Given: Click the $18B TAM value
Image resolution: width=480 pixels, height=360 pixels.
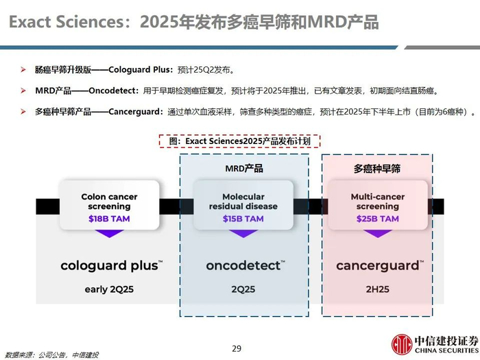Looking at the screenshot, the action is pyautogui.click(x=109, y=219).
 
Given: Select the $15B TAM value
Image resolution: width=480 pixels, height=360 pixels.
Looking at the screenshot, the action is pyautogui.click(x=243, y=219).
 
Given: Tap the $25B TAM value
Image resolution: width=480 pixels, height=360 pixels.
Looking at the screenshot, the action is pyautogui.click(x=377, y=219).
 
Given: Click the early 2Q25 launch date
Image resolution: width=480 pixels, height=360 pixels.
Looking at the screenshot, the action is pyautogui.click(x=109, y=289).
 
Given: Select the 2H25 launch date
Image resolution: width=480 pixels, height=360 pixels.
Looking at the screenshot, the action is pyautogui.click(x=377, y=289).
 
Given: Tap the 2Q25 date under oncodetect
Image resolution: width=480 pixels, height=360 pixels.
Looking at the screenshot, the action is pyautogui.click(x=243, y=289).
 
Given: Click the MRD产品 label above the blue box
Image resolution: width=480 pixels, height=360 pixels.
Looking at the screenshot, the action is pyautogui.click(x=244, y=169).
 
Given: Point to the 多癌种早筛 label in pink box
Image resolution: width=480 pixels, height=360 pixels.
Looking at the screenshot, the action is pyautogui.click(x=377, y=169).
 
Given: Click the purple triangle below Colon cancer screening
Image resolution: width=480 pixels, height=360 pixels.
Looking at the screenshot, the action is pyautogui.click(x=109, y=234).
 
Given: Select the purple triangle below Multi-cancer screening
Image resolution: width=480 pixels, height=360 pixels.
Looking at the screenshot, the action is pyautogui.click(x=377, y=234).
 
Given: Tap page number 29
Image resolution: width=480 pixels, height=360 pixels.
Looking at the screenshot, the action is pyautogui.click(x=237, y=348).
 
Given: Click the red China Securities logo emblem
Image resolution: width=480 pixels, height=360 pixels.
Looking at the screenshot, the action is pyautogui.click(x=402, y=344).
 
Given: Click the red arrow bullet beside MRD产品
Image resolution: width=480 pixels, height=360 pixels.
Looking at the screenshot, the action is pyautogui.click(x=23, y=91).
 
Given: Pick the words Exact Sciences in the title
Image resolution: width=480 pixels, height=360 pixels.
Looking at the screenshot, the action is pyautogui.click(x=67, y=22).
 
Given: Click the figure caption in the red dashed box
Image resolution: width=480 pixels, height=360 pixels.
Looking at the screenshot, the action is pyautogui.click(x=240, y=141).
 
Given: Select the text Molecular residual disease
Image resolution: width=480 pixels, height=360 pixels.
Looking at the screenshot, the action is pyautogui.click(x=243, y=202).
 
